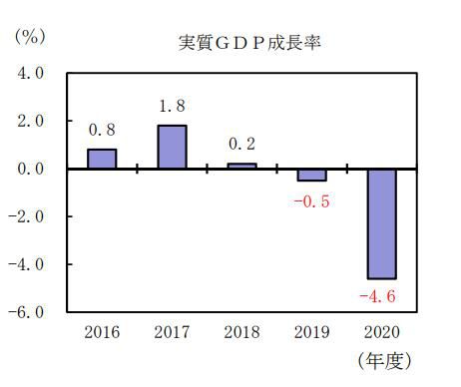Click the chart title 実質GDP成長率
point(241,43)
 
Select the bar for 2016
point(102,160)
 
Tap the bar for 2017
point(172,148)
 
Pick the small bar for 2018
point(241,166)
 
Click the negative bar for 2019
point(311,175)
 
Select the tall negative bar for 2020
point(381,223)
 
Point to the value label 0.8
point(102,130)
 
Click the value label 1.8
point(172,106)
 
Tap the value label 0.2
point(241,144)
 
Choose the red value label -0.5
point(310,200)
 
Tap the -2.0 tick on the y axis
point(28,216)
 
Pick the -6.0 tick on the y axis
point(28,312)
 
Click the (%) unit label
point(28,36)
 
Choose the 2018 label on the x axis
point(241,330)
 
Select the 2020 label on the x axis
point(381,330)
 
